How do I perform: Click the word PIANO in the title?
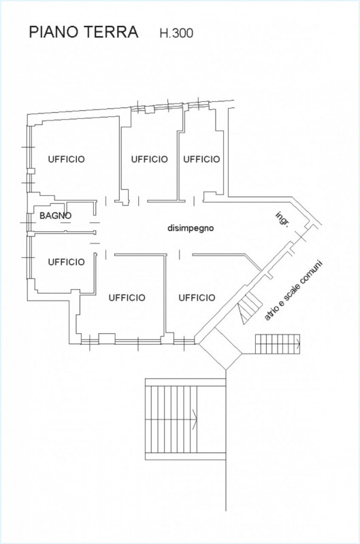click(x=54, y=32)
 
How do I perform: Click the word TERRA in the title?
click(x=111, y=32)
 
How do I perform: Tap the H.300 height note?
click(x=176, y=33)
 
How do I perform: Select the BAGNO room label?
click(x=56, y=216)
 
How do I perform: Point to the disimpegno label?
click(x=191, y=228)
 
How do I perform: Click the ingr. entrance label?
click(x=282, y=218)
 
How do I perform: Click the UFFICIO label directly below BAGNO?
click(x=66, y=262)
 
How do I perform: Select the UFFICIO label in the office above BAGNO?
click(x=66, y=159)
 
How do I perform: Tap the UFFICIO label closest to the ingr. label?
click(x=201, y=159)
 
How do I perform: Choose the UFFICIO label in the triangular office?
click(x=197, y=298)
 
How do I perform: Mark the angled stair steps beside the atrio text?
click(x=250, y=307)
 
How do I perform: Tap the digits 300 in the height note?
click(x=183, y=33)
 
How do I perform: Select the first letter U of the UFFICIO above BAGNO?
click(x=51, y=159)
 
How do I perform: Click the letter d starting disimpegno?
click(x=169, y=228)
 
